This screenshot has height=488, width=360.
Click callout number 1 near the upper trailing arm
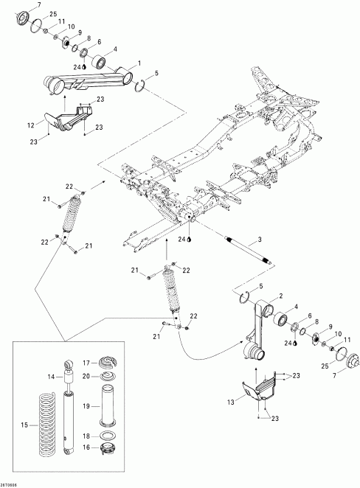pyautogui.click(x=138, y=65)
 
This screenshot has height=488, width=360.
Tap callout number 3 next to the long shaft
pyautogui.click(x=260, y=240)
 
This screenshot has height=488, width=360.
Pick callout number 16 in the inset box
pyautogui.click(x=86, y=446)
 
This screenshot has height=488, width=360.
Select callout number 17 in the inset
pyautogui.click(x=86, y=362)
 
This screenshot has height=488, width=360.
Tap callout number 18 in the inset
pyautogui.click(x=86, y=436)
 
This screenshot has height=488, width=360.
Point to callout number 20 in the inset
pyautogui.click(x=86, y=375)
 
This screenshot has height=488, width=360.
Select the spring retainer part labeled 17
pyautogui.click(x=108, y=363)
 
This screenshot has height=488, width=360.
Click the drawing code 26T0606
pyautogui.click(x=12, y=483)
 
